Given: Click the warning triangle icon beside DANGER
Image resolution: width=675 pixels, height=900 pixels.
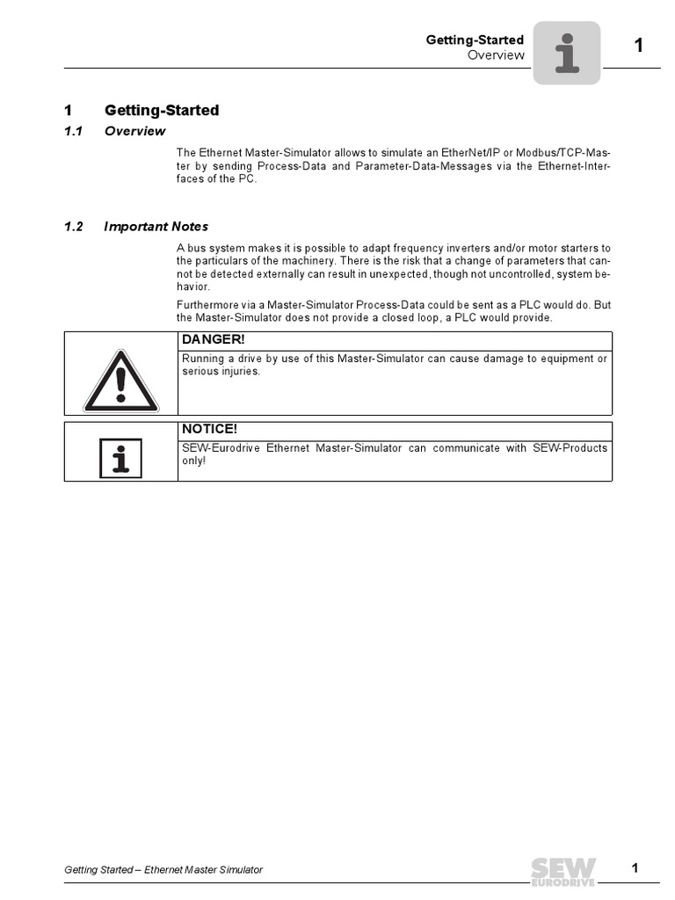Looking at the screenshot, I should [x=121, y=381].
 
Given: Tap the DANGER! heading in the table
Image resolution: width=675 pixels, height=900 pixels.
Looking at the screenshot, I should [x=209, y=339].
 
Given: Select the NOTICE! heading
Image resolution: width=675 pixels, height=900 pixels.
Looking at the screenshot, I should [x=209, y=429].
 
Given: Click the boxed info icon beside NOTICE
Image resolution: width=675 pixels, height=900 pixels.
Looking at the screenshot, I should [x=121, y=458].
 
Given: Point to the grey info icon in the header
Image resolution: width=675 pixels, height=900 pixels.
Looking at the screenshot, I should [x=567, y=53].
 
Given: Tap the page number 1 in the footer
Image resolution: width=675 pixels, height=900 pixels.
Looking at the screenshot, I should [x=635, y=869].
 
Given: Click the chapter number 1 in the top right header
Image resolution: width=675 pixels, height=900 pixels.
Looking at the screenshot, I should [x=640, y=46].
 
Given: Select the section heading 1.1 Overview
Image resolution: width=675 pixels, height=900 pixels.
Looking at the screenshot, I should [x=134, y=132].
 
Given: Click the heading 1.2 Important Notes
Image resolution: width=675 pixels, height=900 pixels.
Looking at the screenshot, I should [x=156, y=227].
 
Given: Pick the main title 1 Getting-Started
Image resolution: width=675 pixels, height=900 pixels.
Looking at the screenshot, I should [x=162, y=111].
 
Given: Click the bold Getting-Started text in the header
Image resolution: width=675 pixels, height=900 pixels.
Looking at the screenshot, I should [x=475, y=40].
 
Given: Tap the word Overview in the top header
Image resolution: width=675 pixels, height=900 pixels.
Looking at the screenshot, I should [x=496, y=54].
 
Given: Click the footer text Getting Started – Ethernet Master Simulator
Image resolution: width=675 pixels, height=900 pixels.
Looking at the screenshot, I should [x=163, y=870].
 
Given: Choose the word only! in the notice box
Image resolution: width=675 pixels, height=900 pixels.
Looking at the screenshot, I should [x=193, y=461].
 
